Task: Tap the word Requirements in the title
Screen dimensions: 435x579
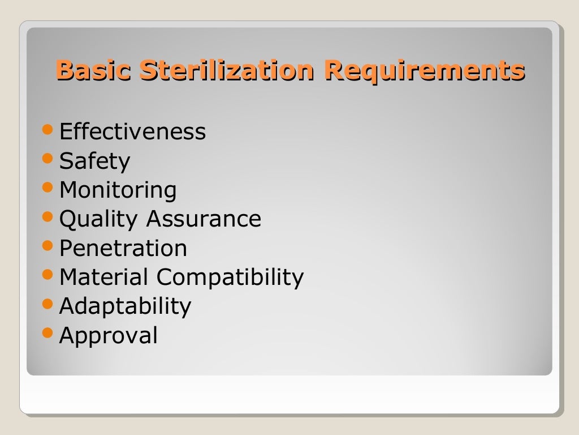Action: [x=424, y=71]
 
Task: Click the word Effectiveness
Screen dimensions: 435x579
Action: [x=132, y=132]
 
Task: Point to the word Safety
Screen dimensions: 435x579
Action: [x=94, y=161]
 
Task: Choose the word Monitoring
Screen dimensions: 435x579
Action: [x=118, y=190]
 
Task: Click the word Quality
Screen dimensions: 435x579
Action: [x=98, y=219]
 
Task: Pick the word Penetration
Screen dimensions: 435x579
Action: [x=123, y=248]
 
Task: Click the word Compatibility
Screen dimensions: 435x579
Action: [x=230, y=278]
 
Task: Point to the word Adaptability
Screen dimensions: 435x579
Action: [x=125, y=306]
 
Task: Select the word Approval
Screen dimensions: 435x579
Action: [x=108, y=336]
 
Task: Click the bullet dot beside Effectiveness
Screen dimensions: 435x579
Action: [x=49, y=130]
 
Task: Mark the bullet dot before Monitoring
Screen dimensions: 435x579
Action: [x=49, y=187]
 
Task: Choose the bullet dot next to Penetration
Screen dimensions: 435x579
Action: [x=49, y=246]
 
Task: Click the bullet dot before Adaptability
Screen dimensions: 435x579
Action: [x=49, y=304]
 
